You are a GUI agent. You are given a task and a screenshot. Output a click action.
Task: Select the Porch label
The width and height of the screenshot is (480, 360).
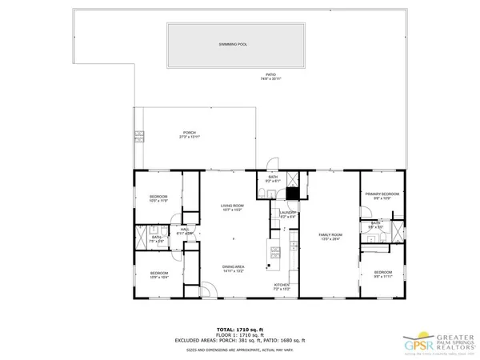tap(190, 134)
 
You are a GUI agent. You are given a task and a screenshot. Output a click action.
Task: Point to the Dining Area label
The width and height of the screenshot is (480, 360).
tap(233, 268)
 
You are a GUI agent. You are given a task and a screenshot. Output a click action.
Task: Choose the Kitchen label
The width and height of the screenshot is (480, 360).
tap(282, 286)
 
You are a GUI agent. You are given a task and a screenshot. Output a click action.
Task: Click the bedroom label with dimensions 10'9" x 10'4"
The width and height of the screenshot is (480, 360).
tap(158, 275)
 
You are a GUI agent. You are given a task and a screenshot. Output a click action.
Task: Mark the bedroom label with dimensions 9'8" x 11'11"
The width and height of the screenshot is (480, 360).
tap(382, 274)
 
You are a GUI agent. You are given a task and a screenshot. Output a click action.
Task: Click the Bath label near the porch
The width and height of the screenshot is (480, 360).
tap(273, 179)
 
